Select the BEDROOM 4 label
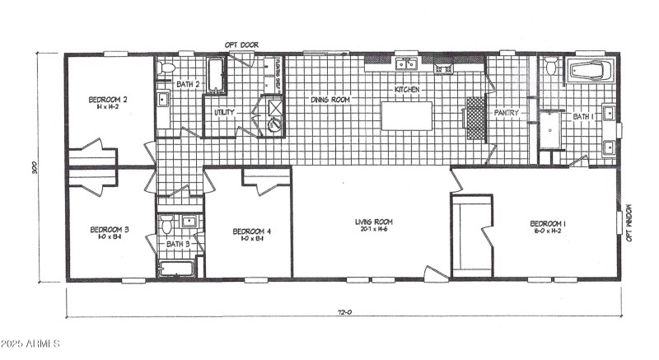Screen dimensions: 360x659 (x=251, y=231)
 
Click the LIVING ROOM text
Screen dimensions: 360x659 (x=374, y=222)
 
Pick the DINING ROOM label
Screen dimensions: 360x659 (x=330, y=100)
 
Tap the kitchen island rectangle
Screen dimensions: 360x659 (x=407, y=115)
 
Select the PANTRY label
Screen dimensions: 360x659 (x=504, y=113)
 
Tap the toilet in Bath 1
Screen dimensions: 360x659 (x=551, y=68)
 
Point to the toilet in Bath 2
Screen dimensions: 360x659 (x=166, y=67)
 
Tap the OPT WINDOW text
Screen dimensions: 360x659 (x=629, y=222)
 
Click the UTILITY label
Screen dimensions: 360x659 (x=224, y=112)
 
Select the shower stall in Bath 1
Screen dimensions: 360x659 (x=549, y=130)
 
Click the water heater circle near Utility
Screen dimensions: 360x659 (x=274, y=124)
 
